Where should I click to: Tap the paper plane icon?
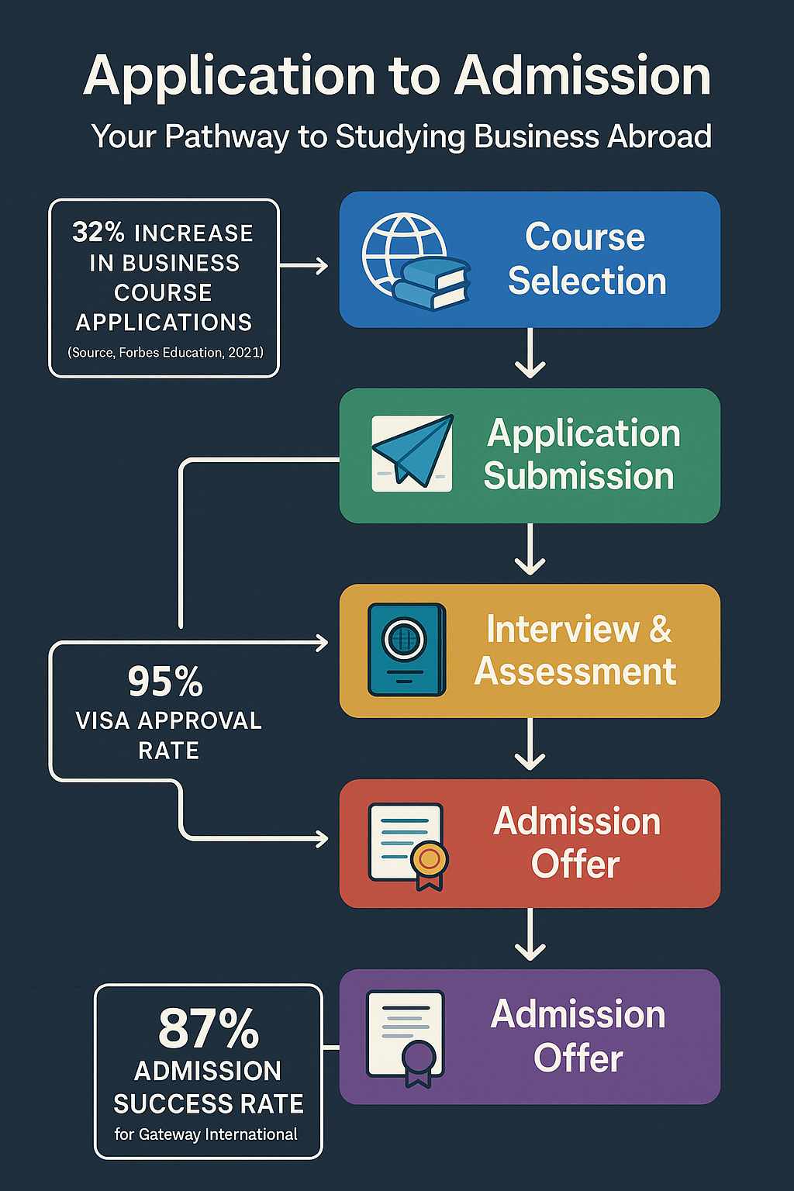pos(412,453)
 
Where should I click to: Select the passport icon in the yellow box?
pos(406,649)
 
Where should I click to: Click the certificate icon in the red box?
pos(408,846)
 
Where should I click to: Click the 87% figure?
pos(208,1028)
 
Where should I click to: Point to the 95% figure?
pos(165,682)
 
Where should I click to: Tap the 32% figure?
pos(98,232)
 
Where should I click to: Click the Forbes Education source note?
pos(165,353)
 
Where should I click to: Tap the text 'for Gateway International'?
pos(206,1134)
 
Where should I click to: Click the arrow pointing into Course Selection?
pos(304,266)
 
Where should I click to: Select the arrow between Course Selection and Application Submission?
pos(530,354)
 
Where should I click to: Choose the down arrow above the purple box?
pos(530,936)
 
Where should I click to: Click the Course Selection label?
pos(586,259)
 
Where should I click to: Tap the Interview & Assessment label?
pos(576,650)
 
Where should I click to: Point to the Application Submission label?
pos(582,454)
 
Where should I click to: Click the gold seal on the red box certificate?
pos(430,858)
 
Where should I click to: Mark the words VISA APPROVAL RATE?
pos(168,735)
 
